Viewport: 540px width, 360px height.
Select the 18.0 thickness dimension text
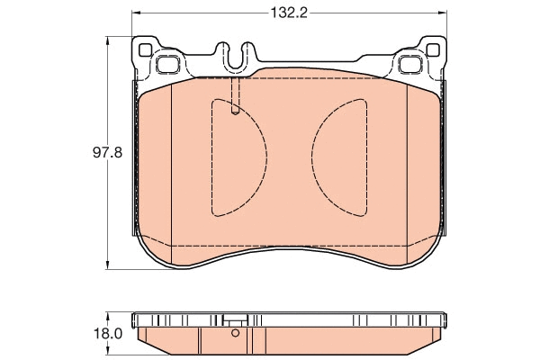(x=111, y=332)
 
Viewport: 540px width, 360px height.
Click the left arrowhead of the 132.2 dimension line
(x=135, y=13)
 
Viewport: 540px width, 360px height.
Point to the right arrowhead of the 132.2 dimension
(x=442, y=13)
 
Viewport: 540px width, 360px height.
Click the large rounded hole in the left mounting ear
(x=168, y=64)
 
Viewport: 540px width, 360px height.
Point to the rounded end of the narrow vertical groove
(x=234, y=111)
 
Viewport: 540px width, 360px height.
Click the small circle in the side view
(x=235, y=332)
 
